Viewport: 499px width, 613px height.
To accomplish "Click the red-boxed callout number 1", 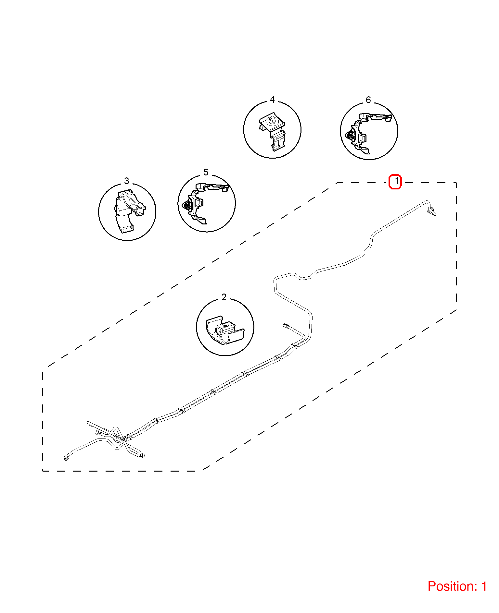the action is point(395,181).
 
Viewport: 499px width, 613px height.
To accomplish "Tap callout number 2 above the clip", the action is point(224,297).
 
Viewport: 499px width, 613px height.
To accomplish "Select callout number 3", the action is point(127,181).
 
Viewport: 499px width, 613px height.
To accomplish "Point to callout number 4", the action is point(272,100).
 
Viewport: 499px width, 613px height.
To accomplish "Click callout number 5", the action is point(206,172).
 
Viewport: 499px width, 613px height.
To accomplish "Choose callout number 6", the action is point(368,100).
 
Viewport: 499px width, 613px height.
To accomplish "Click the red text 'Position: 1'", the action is point(457,586).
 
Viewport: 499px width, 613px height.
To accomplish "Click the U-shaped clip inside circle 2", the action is point(225,330).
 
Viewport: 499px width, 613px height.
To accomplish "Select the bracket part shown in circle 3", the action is point(129,211).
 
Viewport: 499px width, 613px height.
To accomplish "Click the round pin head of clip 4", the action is point(271,121).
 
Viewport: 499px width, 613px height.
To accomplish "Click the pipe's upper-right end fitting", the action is point(432,212).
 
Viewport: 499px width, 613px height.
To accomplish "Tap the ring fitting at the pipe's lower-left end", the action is point(66,458).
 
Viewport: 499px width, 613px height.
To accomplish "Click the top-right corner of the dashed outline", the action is point(456,183).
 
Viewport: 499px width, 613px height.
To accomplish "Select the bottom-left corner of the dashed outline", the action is point(43,471).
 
